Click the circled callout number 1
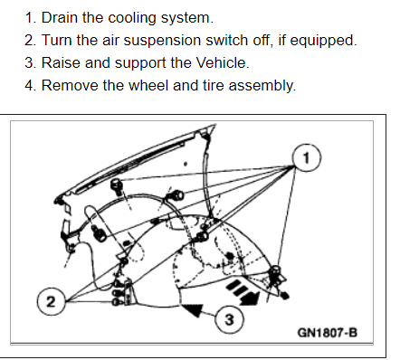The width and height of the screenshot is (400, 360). pyautogui.click(x=307, y=157)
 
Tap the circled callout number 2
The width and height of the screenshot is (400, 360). pyautogui.click(x=51, y=301)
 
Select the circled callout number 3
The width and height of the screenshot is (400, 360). pyautogui.click(x=229, y=319)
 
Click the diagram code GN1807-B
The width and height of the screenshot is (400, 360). pyautogui.click(x=328, y=333)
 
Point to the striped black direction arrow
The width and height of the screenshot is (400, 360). pyautogui.click(x=243, y=291)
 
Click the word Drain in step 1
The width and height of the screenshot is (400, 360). pyautogui.click(x=60, y=17)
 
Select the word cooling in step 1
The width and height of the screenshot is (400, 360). pyautogui.click(x=132, y=18)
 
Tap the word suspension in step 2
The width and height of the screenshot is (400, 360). pyautogui.click(x=162, y=41)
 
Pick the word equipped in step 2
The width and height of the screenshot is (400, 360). pyautogui.click(x=323, y=41)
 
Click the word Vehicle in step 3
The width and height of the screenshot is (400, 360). pyautogui.click(x=223, y=62)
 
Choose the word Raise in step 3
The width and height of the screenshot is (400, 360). pyautogui.click(x=61, y=62)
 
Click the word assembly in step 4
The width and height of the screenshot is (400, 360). pyautogui.click(x=262, y=86)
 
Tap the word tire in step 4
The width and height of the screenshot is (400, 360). pyautogui.click(x=214, y=85)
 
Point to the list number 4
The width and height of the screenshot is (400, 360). pyautogui.click(x=31, y=85)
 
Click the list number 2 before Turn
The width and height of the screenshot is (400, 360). pyautogui.click(x=31, y=41)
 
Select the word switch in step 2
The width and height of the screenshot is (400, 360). pyautogui.click(x=227, y=40)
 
